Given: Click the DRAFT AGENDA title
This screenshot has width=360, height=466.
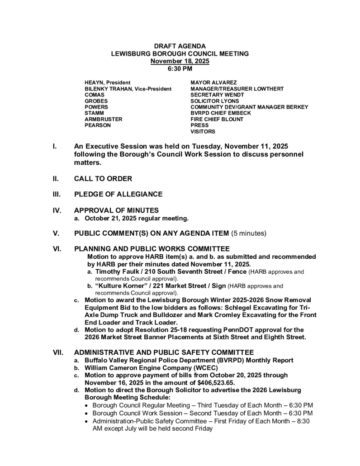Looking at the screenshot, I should point(180,46).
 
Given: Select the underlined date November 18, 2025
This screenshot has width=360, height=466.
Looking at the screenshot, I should point(180,61).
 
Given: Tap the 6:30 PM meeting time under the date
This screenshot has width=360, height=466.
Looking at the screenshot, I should point(180,69).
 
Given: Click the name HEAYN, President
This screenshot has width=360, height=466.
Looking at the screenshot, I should point(107,83).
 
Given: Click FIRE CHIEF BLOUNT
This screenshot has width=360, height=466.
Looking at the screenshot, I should point(217,119).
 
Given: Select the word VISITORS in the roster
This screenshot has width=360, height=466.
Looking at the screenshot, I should point(203,132).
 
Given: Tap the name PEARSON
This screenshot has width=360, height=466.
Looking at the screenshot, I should point(98,125).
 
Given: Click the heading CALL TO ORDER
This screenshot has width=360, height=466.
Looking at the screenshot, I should point(103,179).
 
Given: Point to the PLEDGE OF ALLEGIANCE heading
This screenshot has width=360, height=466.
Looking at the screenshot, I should point(118,194).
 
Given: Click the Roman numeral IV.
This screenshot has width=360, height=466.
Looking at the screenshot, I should point(57,210).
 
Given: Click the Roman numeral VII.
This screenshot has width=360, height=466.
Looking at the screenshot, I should point(58,352).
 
